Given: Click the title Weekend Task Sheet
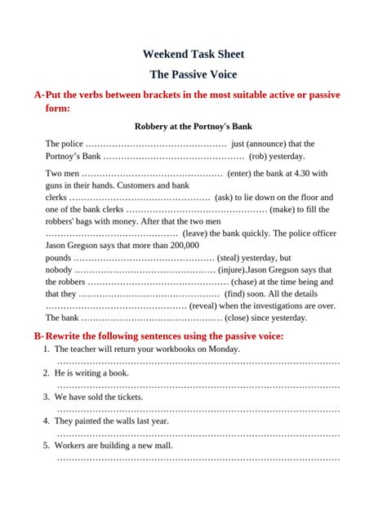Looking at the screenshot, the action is coord(193,55).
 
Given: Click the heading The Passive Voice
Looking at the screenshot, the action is coord(193,74).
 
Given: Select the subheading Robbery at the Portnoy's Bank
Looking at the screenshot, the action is coord(193,127).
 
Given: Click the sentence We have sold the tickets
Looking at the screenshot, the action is coord(99,397).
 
